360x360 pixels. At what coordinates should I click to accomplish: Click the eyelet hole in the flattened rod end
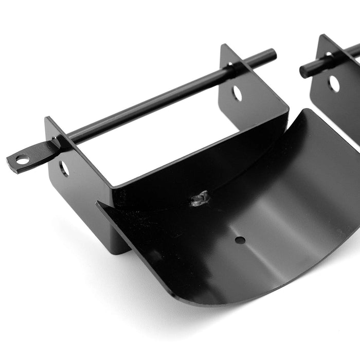click(22, 160)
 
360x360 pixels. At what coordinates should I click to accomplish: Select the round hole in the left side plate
click(64, 168)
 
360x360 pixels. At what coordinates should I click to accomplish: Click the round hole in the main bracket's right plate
click(237, 93)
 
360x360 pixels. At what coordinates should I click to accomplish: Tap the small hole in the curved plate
click(240, 240)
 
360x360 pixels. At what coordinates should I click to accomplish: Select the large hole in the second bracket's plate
click(334, 83)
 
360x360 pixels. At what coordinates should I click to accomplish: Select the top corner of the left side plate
click(47, 119)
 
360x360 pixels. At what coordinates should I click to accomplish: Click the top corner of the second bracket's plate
click(322, 36)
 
